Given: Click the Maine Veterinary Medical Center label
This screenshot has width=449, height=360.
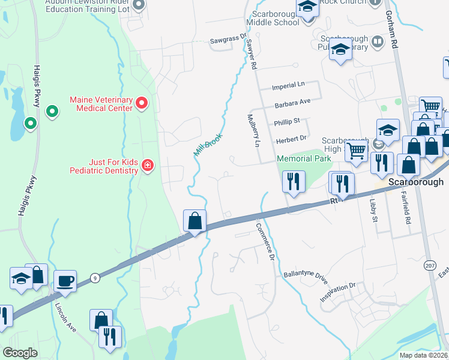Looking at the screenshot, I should [101, 104].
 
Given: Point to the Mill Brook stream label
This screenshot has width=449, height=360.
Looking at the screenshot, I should [208, 145].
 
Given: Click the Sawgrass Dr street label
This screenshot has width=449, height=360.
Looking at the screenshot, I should [228, 41].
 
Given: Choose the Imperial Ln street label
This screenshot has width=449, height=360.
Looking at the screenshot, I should [288, 86].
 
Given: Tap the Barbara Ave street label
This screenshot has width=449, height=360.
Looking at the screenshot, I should [292, 103].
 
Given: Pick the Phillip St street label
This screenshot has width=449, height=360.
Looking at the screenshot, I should [287, 121].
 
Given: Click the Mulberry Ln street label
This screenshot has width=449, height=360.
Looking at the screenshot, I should [255, 131].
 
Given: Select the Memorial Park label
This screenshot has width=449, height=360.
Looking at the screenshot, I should [304, 158].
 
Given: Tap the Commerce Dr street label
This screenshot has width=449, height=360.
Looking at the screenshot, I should [265, 242].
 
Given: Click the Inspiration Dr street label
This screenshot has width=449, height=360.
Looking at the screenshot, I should [338, 292].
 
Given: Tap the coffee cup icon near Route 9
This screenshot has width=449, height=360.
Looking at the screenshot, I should [65, 280].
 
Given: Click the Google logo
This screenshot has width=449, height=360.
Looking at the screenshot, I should [20, 353].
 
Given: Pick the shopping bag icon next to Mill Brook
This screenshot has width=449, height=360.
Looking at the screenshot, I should [195, 221].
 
